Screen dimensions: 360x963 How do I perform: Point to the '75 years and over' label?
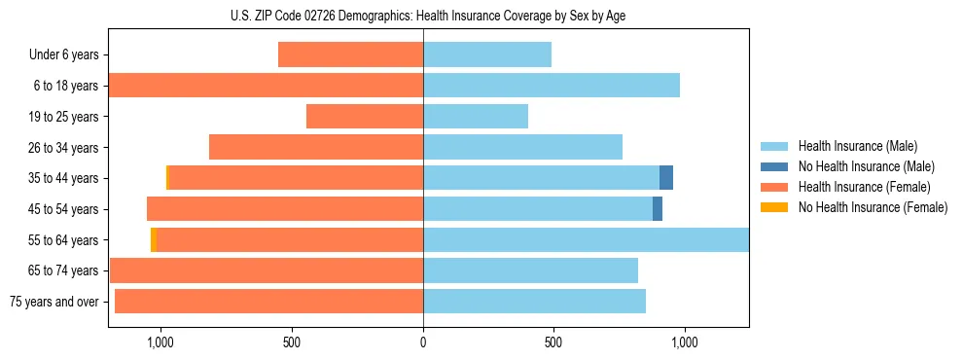[54, 302]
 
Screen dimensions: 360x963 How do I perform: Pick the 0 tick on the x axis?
[423, 342]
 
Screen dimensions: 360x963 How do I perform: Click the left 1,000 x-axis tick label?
[160, 342]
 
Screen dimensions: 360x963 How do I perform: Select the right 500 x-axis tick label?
[553, 342]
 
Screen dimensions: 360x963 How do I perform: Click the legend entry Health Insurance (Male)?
[857, 146]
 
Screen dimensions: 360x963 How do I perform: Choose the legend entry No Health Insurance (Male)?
[865, 166]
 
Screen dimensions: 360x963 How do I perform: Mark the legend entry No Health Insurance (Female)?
[872, 207]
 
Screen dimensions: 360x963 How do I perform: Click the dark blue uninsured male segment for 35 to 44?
[666, 177]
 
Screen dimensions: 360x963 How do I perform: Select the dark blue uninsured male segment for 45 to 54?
[658, 208]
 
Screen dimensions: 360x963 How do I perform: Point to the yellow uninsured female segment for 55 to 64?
[154, 239]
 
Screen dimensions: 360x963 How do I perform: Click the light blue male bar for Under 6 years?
[487, 54]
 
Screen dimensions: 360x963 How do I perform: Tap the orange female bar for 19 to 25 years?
[365, 117]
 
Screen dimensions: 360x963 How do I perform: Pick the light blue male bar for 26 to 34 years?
[522, 147]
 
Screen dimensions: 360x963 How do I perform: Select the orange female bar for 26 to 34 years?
[316, 147]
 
